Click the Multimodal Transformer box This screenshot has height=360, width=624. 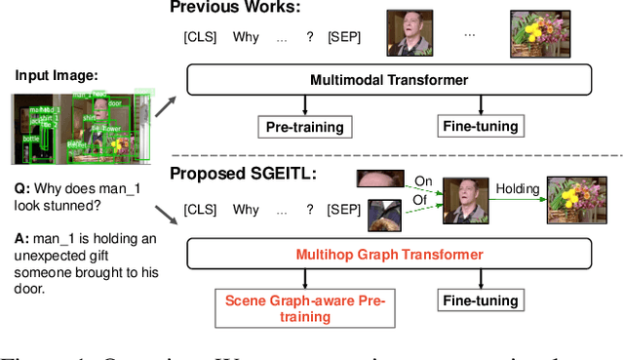pos(388,80)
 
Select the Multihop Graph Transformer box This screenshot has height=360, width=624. pos(388,255)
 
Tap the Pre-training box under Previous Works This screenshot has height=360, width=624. pos(305,126)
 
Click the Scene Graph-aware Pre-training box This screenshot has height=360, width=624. pos(305,308)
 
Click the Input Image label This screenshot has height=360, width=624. pos(56,74)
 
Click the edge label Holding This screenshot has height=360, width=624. pos(517,187)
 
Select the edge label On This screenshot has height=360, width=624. pos(422,181)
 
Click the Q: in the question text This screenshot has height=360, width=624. pos(20,188)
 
